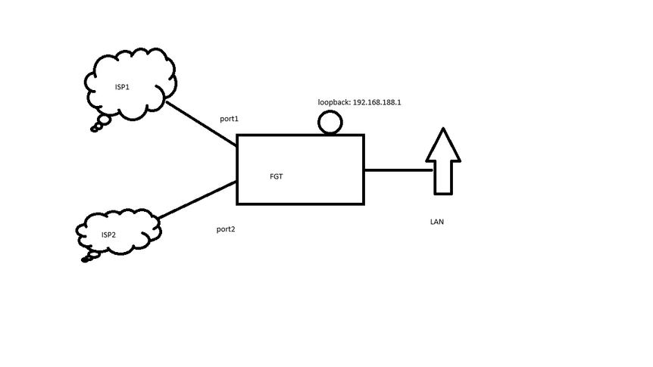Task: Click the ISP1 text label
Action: [122, 87]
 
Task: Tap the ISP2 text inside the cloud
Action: [108, 235]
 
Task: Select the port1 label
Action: [229, 119]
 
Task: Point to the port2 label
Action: [226, 229]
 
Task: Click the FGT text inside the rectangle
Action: [277, 176]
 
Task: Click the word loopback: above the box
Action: [334, 101]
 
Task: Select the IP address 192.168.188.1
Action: [376, 101]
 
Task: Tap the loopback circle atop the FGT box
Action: [330, 123]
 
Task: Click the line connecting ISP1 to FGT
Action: [201, 123]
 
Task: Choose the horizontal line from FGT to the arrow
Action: [398, 170]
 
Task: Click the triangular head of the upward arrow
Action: [443, 145]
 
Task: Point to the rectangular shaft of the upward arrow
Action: [443, 177]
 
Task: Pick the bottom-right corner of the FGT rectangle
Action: [364, 204]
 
